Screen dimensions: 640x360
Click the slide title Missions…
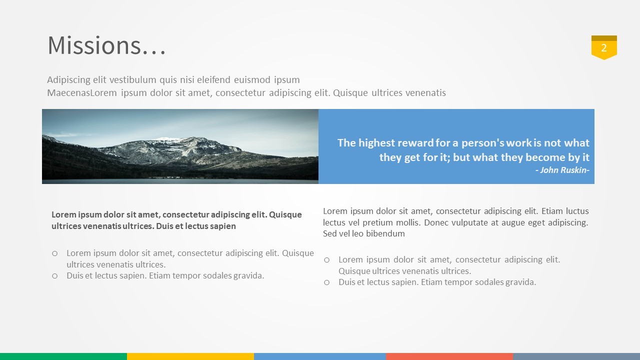tap(106, 45)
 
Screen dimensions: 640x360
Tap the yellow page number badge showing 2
tap(604, 47)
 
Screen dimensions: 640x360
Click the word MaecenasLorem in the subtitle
tap(82, 93)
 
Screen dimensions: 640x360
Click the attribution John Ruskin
tap(562, 170)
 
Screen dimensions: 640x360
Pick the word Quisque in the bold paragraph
tap(285, 214)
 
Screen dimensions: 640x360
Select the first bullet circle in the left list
tap(55, 253)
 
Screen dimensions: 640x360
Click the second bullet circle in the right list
tap(327, 282)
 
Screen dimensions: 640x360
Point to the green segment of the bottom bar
tap(63, 356)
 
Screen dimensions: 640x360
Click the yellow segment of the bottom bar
tap(190, 356)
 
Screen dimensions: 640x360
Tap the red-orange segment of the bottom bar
tap(449, 356)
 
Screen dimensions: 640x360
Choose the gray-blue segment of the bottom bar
tap(576, 356)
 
